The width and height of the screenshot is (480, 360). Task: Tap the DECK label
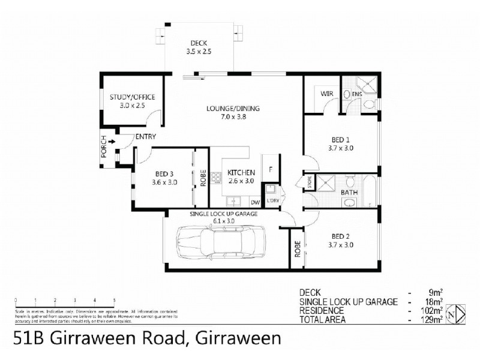coord(199,43)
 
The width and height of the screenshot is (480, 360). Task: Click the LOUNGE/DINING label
coord(225,109)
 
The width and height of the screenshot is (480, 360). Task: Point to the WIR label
coord(326,94)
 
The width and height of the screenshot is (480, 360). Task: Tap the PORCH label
coord(104,148)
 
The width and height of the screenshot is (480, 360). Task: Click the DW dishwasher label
coord(254,203)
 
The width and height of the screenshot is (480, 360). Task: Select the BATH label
coord(350,192)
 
